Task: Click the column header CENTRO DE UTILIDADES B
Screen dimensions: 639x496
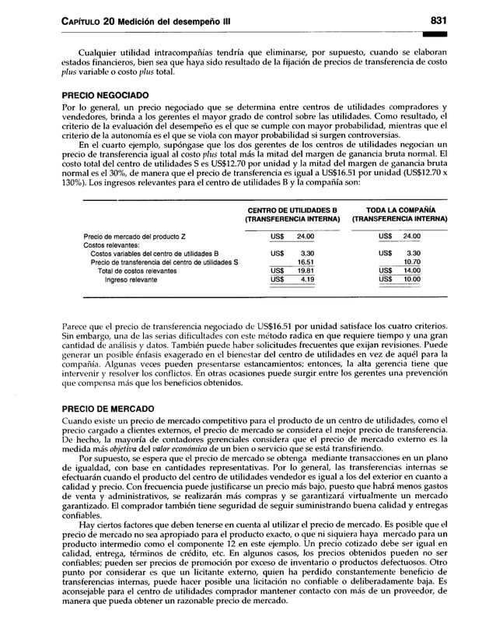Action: point(292,210)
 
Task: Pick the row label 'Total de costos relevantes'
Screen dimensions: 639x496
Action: point(134,270)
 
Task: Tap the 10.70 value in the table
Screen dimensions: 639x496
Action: point(412,262)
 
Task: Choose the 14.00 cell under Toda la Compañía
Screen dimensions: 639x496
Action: point(412,271)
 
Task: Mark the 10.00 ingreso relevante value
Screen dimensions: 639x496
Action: point(412,279)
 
